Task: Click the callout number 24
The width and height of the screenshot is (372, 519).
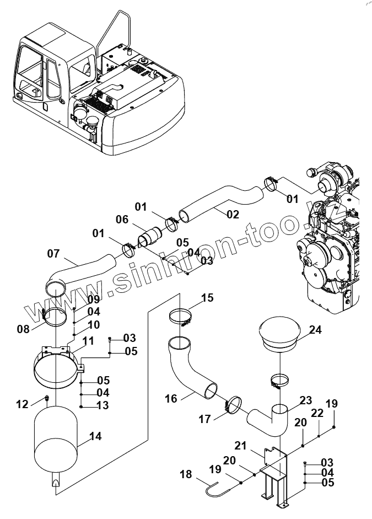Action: click(315, 330)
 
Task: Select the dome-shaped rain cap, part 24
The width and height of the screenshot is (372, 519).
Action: click(279, 334)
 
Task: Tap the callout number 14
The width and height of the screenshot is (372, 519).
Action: click(95, 436)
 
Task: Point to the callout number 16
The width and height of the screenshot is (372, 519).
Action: click(171, 398)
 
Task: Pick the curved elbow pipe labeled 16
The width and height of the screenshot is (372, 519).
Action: click(191, 370)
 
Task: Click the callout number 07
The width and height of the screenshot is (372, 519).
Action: click(53, 254)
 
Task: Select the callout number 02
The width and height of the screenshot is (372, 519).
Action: click(233, 214)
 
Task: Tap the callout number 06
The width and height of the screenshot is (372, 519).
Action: click(122, 220)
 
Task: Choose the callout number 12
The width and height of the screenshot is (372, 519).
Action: click(22, 405)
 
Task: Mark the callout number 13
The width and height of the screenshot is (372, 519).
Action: click(103, 405)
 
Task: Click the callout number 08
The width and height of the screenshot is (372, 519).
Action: click(23, 329)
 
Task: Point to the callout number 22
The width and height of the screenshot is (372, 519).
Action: click(317, 413)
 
